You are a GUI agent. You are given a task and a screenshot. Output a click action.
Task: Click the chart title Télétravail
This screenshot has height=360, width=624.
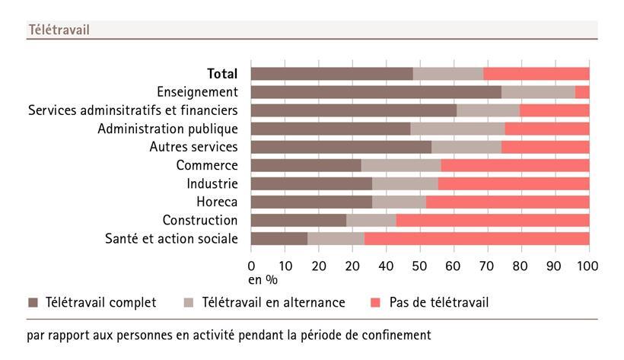pos(59,30)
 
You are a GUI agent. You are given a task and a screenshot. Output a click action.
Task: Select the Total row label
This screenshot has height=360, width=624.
pos(222,74)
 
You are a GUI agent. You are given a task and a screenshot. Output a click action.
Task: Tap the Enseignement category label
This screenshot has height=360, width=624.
pos(197,92)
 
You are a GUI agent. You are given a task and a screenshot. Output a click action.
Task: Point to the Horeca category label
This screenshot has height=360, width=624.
pos(217,202)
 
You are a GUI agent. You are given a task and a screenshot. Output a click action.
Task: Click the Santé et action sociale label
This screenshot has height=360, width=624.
pos(171,239)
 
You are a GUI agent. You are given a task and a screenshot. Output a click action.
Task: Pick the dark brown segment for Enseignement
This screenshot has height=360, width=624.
pos(376,92)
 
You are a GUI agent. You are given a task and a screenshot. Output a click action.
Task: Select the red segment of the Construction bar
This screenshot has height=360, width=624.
pos(492,221)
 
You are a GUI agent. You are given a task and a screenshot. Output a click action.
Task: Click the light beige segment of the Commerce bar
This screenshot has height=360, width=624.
pos(400,165)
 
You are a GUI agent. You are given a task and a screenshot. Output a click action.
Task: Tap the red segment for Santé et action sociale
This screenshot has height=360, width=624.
pos(476,239)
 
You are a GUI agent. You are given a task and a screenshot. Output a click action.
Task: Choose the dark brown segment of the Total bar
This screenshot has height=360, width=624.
pos(332,74)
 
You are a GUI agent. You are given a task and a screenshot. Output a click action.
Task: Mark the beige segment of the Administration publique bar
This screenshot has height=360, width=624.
pos(457,129)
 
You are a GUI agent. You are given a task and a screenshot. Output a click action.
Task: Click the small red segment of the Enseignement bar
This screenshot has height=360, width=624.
pos(582,92)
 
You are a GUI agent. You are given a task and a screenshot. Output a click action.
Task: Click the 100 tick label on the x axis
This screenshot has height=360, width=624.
pos(588,266)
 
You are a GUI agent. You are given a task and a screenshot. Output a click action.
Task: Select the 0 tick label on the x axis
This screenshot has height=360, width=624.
pos(252,266)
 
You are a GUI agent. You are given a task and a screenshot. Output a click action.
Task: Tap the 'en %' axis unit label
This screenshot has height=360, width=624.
pos(263,279)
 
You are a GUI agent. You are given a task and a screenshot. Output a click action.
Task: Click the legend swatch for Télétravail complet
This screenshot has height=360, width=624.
pos(33,303)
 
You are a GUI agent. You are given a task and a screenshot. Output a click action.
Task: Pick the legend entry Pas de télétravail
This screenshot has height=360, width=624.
pos(438,303)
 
